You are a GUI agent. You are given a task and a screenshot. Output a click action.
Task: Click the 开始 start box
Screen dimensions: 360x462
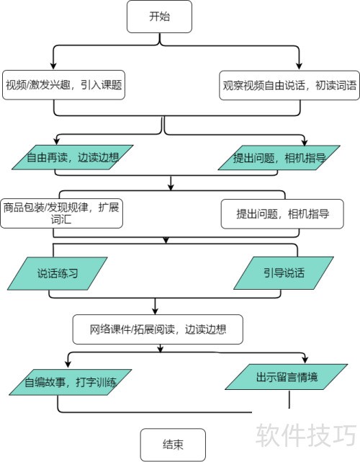point(159,17)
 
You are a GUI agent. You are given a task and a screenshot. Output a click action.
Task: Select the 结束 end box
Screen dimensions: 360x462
point(173,444)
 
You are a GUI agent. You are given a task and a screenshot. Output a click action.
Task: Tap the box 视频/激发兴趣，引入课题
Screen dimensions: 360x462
point(63,85)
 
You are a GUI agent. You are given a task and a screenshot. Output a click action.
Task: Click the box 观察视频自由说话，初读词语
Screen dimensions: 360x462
point(289,86)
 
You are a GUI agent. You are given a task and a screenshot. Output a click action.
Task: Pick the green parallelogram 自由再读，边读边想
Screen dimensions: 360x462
point(73,157)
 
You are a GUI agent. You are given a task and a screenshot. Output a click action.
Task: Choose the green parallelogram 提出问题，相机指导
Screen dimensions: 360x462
point(279,158)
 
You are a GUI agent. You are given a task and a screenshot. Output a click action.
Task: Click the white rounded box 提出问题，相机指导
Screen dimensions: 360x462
point(282,214)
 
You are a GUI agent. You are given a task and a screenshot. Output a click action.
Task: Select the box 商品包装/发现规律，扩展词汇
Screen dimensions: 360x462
point(61,213)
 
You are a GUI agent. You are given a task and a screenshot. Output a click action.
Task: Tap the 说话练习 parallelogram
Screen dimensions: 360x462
point(58,273)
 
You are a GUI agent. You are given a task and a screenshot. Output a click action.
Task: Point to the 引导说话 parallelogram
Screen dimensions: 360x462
point(284,273)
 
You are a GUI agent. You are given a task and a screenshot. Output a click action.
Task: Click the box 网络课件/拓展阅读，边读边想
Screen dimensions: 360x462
point(158,329)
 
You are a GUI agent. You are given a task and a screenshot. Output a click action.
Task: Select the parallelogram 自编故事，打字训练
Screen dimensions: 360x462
point(71,382)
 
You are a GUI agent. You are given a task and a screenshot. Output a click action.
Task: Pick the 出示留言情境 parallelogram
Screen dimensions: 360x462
point(287,377)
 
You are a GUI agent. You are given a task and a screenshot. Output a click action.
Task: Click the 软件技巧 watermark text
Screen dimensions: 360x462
point(306,436)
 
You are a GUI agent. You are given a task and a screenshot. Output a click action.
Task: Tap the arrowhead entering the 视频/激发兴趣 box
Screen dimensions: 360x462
point(53,66)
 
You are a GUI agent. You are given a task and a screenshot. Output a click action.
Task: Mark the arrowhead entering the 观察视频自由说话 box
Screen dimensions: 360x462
point(299,66)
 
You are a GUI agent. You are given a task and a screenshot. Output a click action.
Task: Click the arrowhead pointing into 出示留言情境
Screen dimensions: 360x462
point(305,360)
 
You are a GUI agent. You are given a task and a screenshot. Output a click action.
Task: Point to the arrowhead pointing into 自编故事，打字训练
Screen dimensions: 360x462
point(68,363)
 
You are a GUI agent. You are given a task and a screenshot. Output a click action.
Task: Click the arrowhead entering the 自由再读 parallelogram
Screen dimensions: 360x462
point(56,141)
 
